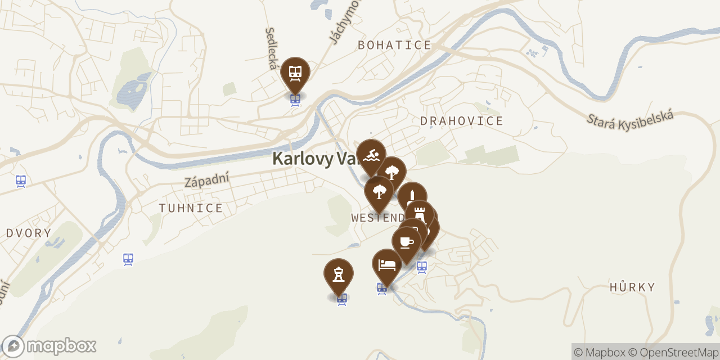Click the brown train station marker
pos(295,73)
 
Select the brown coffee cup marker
pos(407,242)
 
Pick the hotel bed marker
pos(387,264)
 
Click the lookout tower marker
pos(339,274)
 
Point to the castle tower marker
pos(419,214)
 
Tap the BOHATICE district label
pos(394,46)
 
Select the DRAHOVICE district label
pos(462,121)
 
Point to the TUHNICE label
pos(191,208)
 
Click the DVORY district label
pos(29,233)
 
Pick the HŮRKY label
pos(632,287)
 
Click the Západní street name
pos(207,180)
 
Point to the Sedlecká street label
pos(271,48)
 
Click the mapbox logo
pos(49,346)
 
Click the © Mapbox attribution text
pos(599,352)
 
